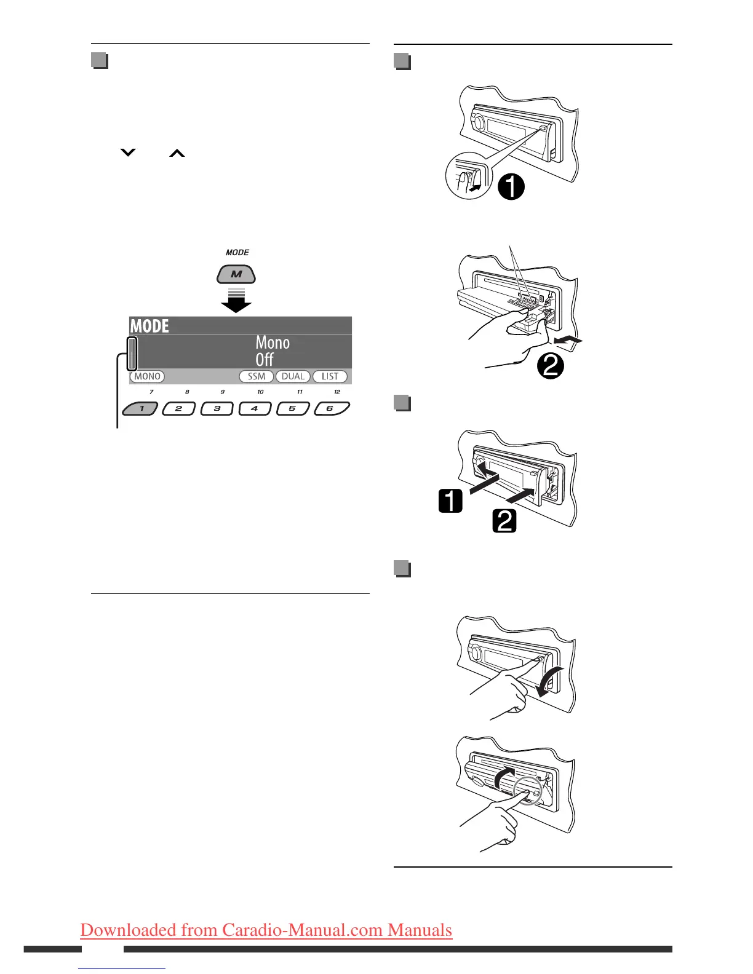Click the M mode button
[236, 274]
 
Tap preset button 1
[141, 408]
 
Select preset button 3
[217, 408]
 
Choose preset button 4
[255, 408]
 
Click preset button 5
[293, 408]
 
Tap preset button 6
[331, 408]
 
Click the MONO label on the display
[147, 376]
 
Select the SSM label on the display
[257, 376]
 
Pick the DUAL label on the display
[293, 376]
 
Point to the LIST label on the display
[330, 376]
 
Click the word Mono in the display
[273, 342]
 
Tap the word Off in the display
[265, 359]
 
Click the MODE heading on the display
[149, 326]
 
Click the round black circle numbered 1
[511, 187]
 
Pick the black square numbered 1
[450, 501]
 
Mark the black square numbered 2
[504, 521]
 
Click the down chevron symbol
[127, 152]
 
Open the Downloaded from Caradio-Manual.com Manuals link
[266, 929]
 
